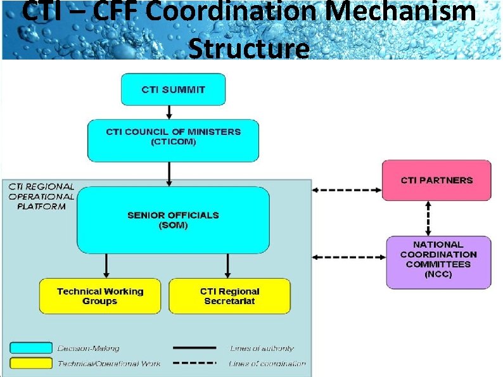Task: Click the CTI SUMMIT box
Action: coord(173,89)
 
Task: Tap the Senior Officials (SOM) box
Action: coord(173,220)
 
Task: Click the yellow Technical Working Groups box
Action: coord(100,296)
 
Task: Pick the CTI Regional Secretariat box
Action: coord(229,296)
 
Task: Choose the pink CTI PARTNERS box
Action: coord(436,181)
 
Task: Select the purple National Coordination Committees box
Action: coord(438,262)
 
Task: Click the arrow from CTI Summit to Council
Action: coord(169,112)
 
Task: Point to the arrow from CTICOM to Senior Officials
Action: coord(169,174)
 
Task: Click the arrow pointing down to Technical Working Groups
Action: coord(106,265)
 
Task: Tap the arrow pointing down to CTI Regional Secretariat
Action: coord(226,265)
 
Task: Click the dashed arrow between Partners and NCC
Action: coord(429,218)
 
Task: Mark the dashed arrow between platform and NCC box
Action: coord(349,257)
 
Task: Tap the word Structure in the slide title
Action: coord(250,48)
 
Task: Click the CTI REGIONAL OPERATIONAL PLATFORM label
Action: coord(42,196)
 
